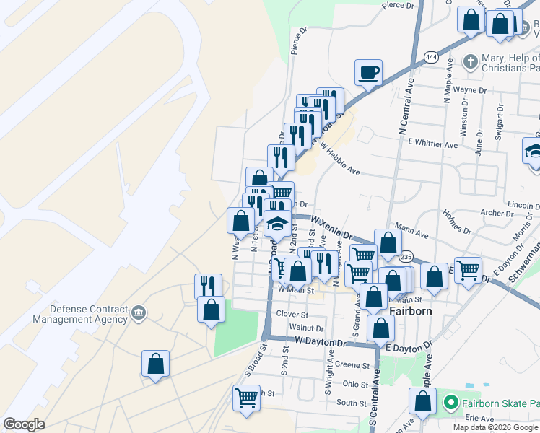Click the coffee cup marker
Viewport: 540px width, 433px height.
pos(368,73)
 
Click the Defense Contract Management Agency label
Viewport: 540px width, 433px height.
pos(79,313)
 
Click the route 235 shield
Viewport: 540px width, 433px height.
pos(406,256)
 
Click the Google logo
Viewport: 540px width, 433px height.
pos(24,424)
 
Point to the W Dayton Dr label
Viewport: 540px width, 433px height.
pos(321,341)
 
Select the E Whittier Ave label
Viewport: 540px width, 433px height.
pos(432,145)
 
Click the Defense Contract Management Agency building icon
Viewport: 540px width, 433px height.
pos(139,314)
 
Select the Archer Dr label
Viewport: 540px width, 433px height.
pos(496,213)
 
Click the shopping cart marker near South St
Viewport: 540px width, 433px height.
pos(246,398)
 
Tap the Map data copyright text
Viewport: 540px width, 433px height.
pos(495,427)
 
